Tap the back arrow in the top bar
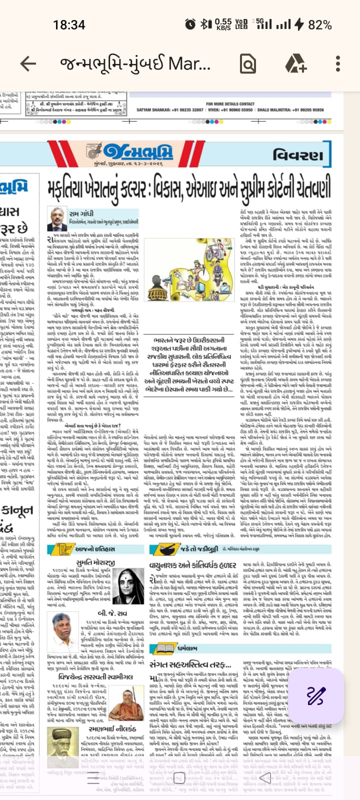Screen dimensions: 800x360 (28, 63)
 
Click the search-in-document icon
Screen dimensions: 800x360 (248, 63)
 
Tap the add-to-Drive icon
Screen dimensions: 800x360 (296, 63)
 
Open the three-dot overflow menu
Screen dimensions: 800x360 (338, 63)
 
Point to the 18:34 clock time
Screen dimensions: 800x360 (69, 24)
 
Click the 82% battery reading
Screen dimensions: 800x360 (320, 24)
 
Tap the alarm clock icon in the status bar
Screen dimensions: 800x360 (190, 23)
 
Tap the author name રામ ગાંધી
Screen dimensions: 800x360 (81, 213)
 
